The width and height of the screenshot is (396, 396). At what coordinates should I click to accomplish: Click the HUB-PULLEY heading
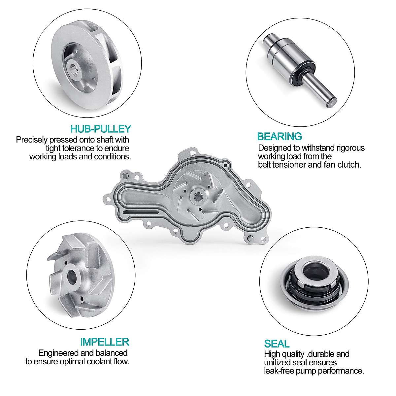coord(101,129)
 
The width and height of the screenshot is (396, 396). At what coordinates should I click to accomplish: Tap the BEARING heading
coord(280,136)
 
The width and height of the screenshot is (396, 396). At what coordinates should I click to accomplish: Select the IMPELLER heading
coord(104,342)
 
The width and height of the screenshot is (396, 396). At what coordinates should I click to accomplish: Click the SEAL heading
coord(277,344)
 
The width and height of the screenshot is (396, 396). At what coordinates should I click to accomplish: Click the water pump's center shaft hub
coord(198,196)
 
